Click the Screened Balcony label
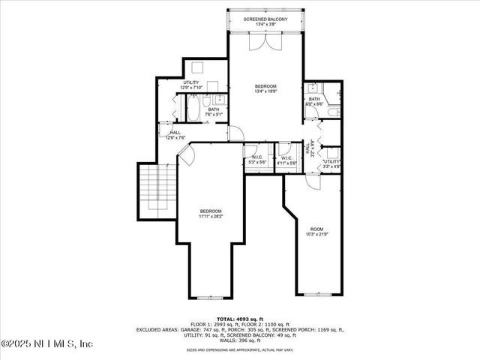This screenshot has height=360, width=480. pos(265,20)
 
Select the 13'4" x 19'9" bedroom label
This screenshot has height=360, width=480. pos(265,89)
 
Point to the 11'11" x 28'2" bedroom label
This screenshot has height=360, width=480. pos(211,213)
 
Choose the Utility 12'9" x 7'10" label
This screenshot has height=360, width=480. pos(194,85)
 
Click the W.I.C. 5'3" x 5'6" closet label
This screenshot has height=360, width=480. pos(257,159)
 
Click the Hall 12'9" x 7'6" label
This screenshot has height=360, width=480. pos(175,135)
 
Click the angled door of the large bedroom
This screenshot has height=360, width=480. pos(186,157)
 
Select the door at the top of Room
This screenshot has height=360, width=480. pos(313,181)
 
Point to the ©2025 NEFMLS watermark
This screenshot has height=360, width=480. pos(46,343)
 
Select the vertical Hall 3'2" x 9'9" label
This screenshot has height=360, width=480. pos(309,150)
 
